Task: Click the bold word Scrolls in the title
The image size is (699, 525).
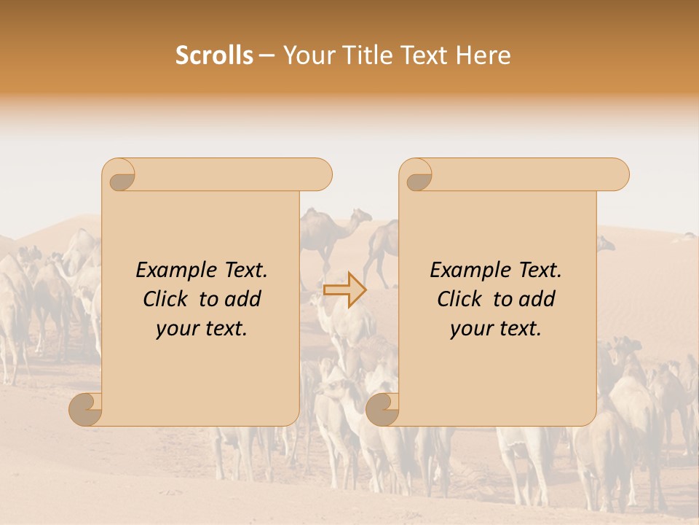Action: coord(214,55)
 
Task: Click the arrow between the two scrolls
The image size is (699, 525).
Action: coord(344,289)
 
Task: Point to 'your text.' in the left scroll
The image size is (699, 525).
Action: coord(202,328)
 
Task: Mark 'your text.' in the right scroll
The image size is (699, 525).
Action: coord(496,328)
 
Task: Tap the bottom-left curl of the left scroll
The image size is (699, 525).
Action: coord(86,409)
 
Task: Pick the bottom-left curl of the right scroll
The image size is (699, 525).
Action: coord(382,409)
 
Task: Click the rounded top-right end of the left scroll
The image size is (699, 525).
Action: coord(320,174)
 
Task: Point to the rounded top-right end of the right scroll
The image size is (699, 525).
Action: coord(617,174)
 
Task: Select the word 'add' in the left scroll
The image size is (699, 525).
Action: coord(243,299)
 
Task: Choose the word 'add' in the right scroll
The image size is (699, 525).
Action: coord(537,299)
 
